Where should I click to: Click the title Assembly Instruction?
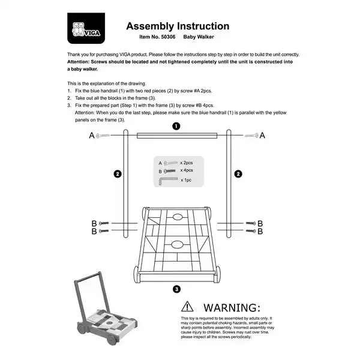tap(177, 26)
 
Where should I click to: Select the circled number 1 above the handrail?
tap(176, 126)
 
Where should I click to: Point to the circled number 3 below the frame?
tap(176, 290)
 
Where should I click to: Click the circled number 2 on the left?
tap(118, 174)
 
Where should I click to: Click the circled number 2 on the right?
tap(238, 174)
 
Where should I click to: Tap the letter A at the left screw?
tap(92, 136)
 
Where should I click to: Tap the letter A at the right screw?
tap(262, 136)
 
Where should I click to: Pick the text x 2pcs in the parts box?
tap(187, 163)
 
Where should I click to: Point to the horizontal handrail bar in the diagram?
tap(176, 136)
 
